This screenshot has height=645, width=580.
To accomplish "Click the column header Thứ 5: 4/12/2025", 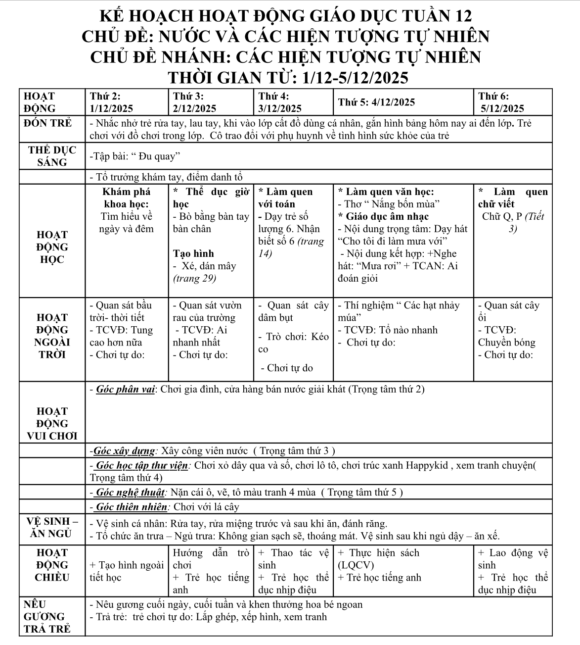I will click(376, 102).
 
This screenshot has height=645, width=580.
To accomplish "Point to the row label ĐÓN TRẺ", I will click(47, 122).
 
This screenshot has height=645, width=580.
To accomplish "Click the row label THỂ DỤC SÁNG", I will click(52, 156).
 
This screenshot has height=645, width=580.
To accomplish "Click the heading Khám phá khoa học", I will click(127, 198).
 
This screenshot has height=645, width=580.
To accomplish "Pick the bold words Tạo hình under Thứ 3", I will click(193, 253).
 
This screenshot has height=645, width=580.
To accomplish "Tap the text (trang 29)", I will click(195, 278).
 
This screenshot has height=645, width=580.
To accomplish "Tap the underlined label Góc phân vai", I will click(126, 390).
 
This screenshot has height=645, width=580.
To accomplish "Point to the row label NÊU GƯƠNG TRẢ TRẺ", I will click(47, 616).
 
